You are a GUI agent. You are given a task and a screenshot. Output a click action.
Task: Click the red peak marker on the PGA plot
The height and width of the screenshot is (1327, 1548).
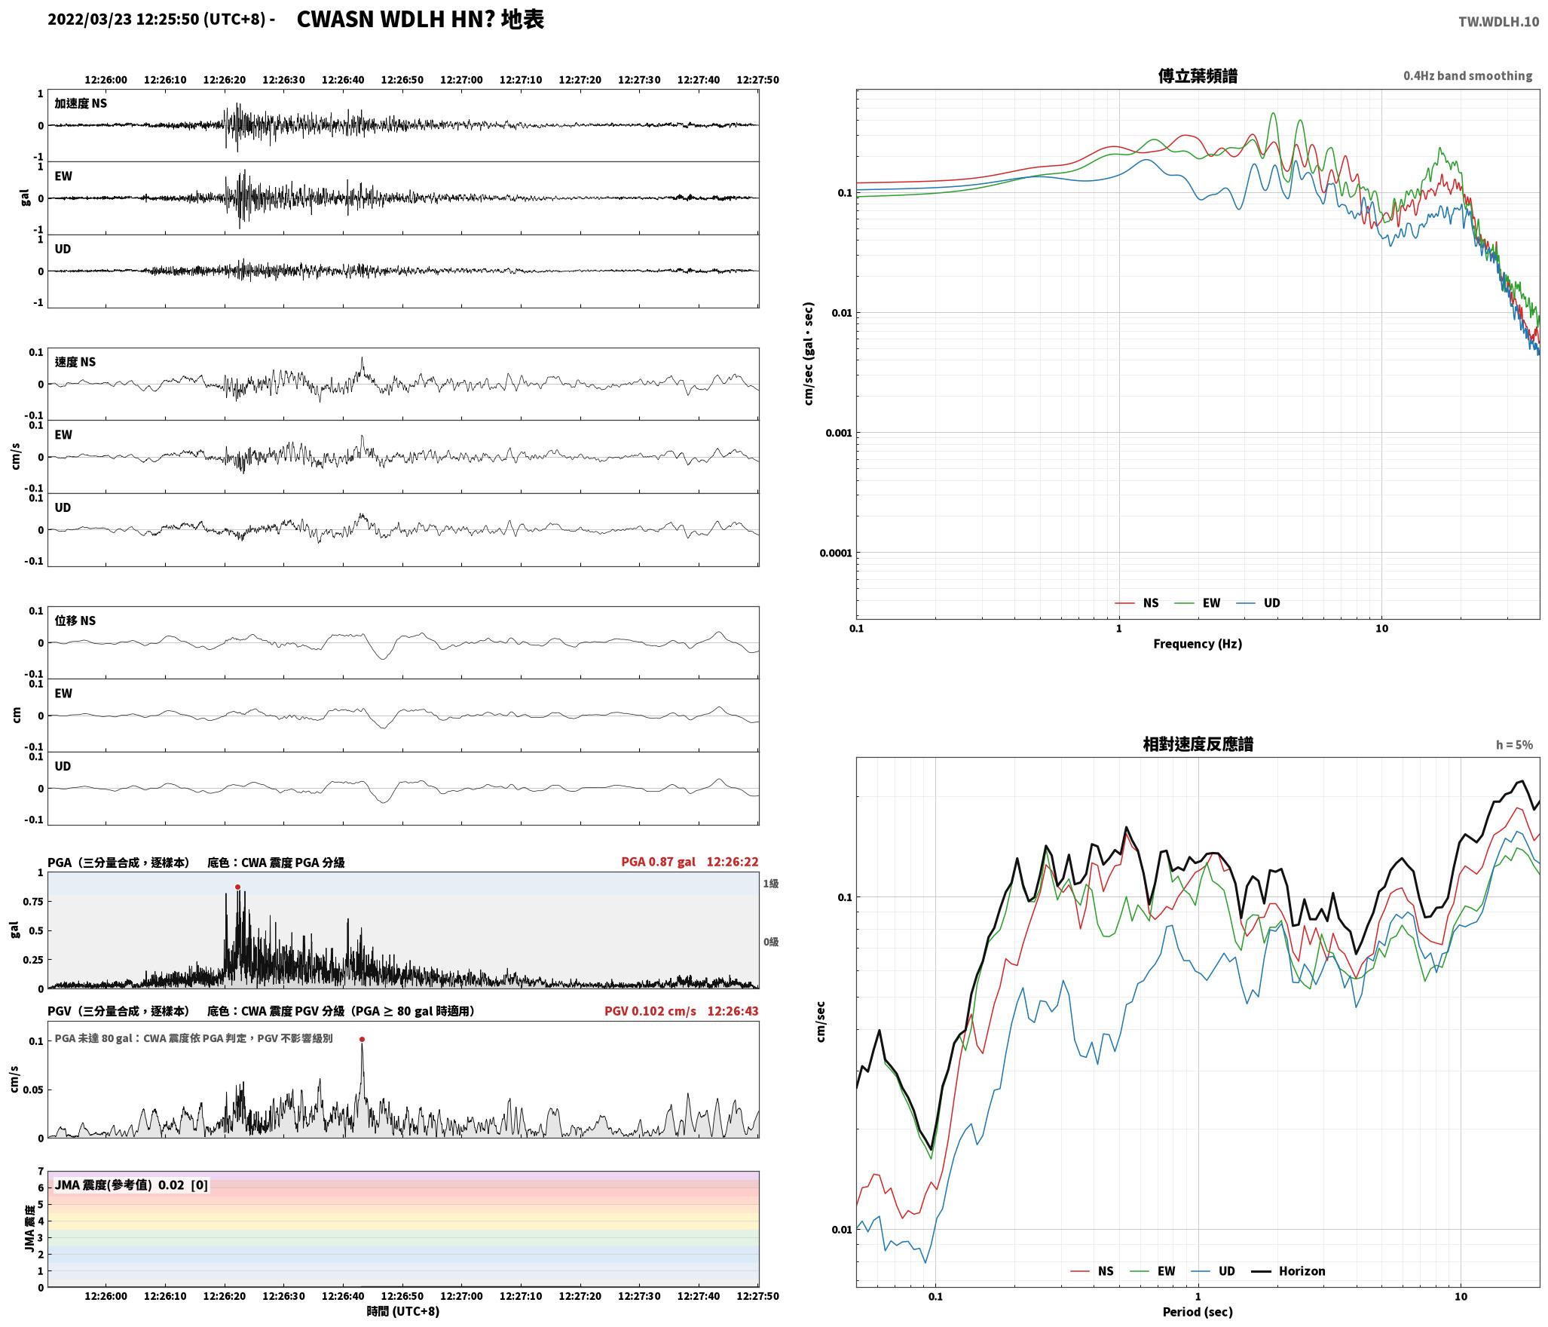coord(237,887)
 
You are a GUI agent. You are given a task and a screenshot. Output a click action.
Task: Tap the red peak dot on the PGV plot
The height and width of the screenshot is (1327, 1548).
coord(362,1039)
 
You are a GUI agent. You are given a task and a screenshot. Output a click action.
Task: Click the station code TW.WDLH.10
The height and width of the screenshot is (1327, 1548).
coord(1498,22)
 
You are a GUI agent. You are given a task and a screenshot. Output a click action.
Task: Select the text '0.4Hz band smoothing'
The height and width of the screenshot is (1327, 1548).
coord(1467,76)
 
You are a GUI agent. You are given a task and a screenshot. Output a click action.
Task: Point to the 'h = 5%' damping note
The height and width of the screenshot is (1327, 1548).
coord(1514,745)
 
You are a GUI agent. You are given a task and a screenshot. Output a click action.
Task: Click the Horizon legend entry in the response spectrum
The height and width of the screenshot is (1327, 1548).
coord(1288,1271)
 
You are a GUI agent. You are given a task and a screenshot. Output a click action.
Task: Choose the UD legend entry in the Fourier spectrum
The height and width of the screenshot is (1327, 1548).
coord(1258,603)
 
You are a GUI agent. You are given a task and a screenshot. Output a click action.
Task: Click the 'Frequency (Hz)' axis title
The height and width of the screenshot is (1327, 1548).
coord(1198,644)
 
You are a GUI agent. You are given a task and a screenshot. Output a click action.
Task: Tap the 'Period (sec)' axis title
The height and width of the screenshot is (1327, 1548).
coord(1198,1312)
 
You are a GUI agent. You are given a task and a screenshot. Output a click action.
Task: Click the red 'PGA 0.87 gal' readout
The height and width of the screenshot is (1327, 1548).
coord(658,862)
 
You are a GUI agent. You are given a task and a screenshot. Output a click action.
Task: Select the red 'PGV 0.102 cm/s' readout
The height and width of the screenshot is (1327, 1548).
coord(650,1011)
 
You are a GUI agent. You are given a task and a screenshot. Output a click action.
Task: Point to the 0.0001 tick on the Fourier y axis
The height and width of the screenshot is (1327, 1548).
coord(835,553)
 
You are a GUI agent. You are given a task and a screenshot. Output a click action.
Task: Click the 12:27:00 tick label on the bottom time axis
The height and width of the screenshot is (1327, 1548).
coord(461,1296)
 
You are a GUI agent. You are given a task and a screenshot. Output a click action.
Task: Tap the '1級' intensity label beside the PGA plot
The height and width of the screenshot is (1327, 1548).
coord(770,884)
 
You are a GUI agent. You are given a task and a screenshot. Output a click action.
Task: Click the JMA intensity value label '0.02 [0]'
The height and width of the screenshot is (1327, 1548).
coord(183,1185)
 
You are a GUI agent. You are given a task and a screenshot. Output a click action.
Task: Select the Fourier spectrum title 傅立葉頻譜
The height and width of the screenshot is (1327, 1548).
coord(1198,76)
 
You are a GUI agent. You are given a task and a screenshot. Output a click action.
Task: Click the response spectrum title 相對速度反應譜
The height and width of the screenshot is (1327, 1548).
coord(1198,745)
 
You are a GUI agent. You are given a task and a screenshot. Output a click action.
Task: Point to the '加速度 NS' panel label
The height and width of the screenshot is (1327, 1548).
coord(81,103)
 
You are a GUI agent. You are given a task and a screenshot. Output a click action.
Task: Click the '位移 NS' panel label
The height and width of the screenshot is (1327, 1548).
coord(75,621)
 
